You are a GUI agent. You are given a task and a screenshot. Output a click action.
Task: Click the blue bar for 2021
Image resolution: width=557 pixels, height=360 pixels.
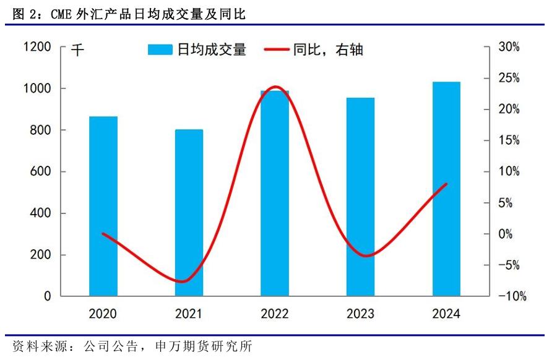pos(189,213)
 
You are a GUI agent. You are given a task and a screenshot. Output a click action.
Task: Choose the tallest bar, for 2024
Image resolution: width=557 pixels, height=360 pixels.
pos(446,189)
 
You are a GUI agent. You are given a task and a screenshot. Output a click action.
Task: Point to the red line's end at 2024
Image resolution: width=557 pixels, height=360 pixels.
pos(446,184)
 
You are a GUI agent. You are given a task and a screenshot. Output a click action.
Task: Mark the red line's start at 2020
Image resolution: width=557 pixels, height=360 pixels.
pos(103,234)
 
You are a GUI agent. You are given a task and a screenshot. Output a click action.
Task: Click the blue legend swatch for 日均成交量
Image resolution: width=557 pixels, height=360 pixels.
pos(161,50)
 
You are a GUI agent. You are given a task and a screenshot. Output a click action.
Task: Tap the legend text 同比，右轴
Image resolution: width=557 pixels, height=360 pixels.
pos(328,50)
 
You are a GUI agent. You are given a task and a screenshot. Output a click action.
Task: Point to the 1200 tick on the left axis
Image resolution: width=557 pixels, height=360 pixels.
pos(38,48)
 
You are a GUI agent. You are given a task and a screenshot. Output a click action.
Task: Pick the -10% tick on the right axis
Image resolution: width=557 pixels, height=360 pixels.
pos(512,296)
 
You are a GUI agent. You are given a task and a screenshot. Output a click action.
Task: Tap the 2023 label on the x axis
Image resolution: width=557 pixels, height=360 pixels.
pos(360,314)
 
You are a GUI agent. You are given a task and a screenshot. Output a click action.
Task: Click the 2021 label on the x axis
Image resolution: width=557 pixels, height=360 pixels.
pos(189,314)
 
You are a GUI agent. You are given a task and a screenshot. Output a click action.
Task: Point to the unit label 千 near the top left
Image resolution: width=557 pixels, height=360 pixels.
pos(77,50)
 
